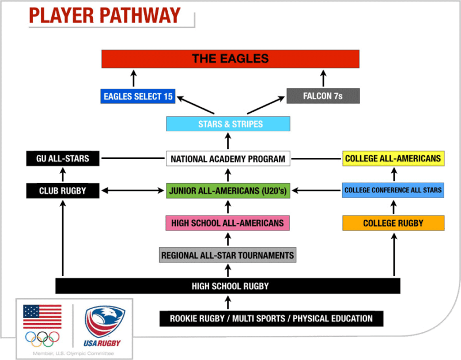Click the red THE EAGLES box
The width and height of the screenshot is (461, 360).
tap(231, 59)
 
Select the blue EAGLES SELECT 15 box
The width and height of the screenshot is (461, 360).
tap(138, 96)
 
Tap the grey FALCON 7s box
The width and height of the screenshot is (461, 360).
tap(323, 96)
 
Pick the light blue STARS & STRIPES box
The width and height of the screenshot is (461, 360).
tap(228, 124)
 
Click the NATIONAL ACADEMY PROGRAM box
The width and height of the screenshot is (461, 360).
tap(228, 159)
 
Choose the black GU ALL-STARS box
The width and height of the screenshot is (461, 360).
tap(63, 158)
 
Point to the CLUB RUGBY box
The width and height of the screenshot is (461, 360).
tap(63, 190)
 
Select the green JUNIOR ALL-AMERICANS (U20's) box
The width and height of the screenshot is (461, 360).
tap(228, 190)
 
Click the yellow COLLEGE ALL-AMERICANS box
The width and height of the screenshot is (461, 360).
tap(393, 158)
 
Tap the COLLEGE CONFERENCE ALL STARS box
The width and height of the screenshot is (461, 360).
tap(393, 190)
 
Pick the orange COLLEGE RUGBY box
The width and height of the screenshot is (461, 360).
tap(393, 223)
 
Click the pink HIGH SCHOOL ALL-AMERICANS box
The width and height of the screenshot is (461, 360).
tap(228, 223)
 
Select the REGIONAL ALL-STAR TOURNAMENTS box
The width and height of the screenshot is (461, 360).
tap(228, 255)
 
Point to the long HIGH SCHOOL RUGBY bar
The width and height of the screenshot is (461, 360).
tap(228, 286)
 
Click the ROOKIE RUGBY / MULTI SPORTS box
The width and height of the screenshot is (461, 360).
tap(271, 319)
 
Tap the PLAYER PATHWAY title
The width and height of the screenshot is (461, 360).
tap(104, 16)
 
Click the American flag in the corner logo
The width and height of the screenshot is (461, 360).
tap(42, 316)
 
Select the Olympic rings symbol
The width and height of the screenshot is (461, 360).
tap(42, 338)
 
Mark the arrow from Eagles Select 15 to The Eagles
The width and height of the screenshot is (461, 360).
tap(133, 78)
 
